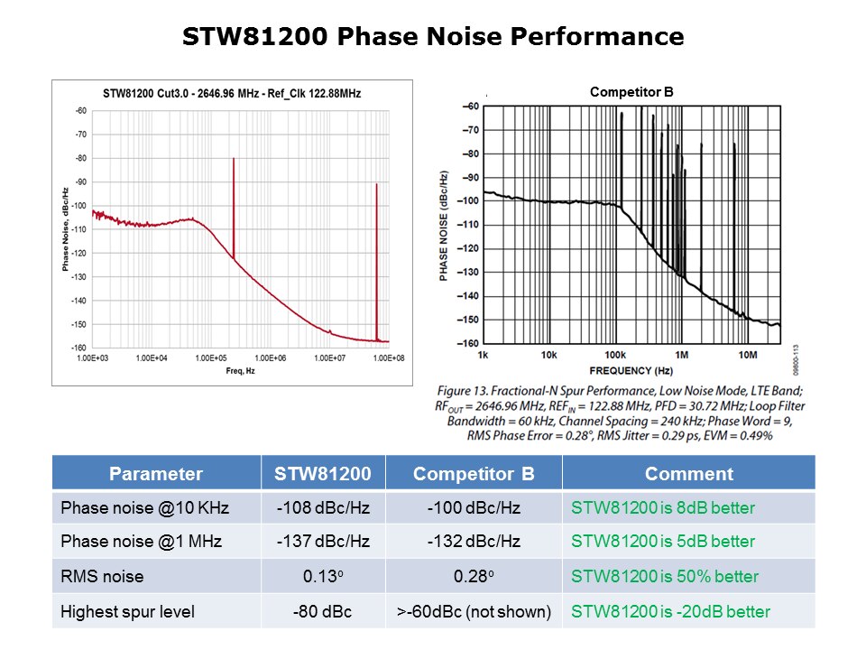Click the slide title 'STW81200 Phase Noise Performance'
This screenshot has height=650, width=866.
point(433,37)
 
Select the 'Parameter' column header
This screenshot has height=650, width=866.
point(156,474)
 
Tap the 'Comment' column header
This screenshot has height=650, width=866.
point(688,474)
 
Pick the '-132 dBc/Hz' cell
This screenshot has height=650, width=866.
point(474,543)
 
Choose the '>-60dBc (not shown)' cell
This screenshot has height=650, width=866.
point(474,611)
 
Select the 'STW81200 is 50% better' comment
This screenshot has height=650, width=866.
point(665,577)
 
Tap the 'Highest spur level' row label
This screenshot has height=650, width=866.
point(127,611)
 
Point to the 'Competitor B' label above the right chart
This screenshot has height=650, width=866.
point(631,92)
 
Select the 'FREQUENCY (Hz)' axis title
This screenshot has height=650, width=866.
point(631,371)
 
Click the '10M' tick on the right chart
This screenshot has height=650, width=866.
point(748,354)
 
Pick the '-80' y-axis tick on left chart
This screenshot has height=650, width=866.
point(80,158)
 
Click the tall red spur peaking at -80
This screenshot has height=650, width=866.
point(233,208)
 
